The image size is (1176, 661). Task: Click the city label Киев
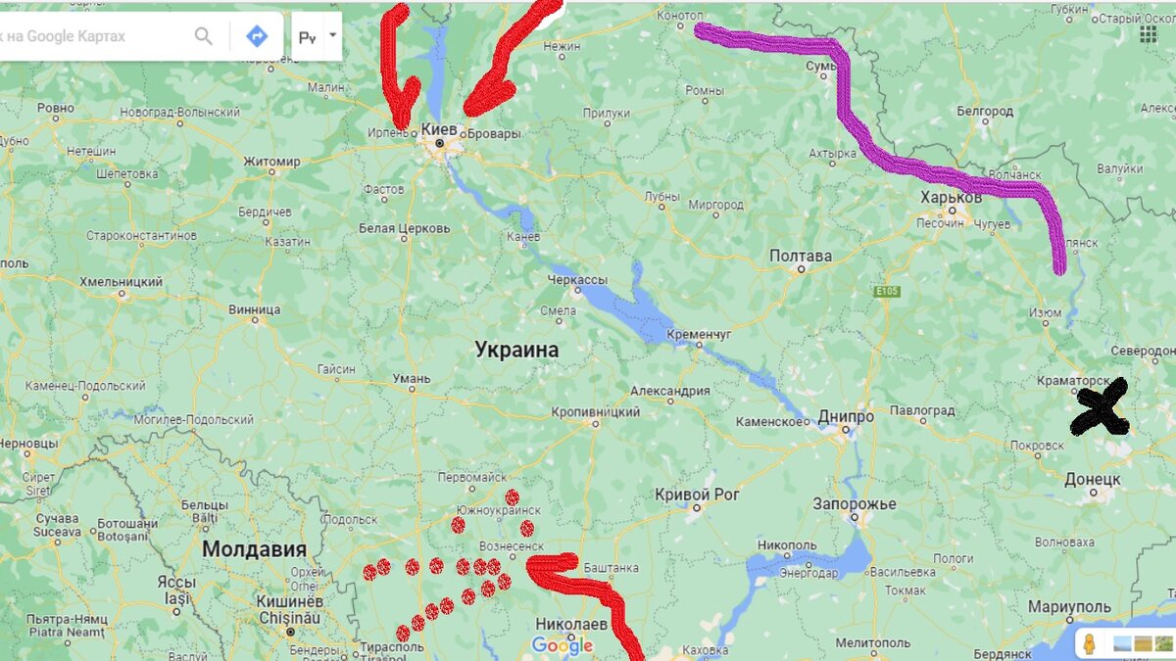tap(438, 129)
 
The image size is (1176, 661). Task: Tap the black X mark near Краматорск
tap(1100, 409)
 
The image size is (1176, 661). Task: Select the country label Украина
tap(516, 350)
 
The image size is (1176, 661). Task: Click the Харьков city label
tap(951, 198)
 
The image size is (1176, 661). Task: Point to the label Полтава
tap(801, 256)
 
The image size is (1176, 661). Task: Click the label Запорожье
tap(855, 503)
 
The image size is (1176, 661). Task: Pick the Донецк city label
tap(1093, 479)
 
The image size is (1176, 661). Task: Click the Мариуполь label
tap(1069, 607)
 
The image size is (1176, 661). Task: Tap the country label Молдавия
tap(254, 549)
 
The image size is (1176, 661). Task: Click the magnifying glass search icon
tap(204, 36)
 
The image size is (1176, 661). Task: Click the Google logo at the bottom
tap(563, 645)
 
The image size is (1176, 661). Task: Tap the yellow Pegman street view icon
tap(1090, 643)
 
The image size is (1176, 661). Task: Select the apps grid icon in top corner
tap(1148, 33)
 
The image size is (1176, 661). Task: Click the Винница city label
tap(253, 310)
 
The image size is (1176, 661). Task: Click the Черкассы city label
tap(577, 280)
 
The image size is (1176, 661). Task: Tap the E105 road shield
tap(886, 291)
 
